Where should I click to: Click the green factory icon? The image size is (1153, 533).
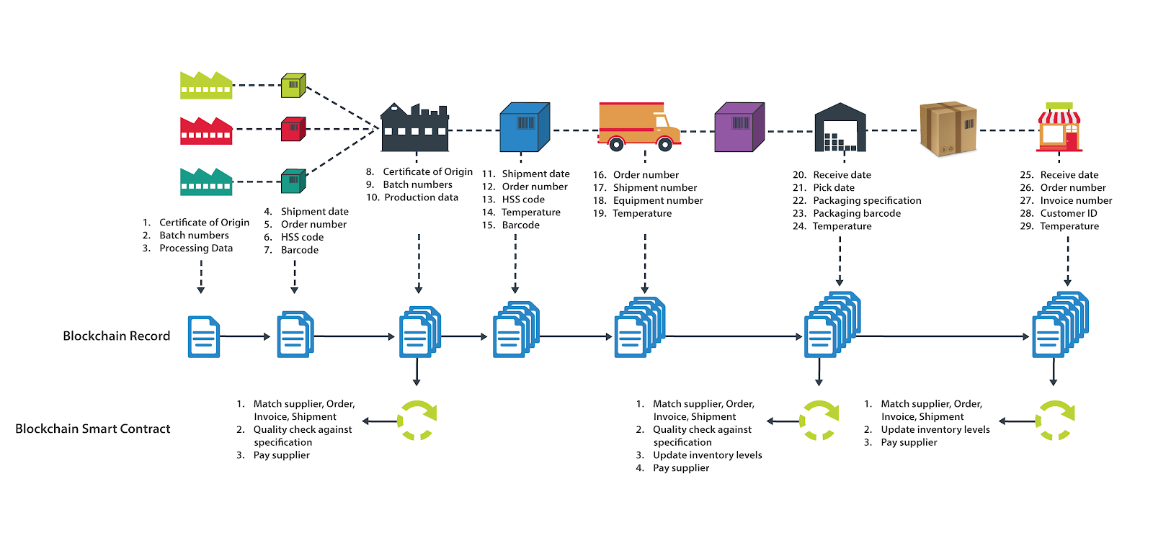pyautogui.click(x=206, y=86)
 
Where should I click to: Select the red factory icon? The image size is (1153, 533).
pyautogui.click(x=206, y=130)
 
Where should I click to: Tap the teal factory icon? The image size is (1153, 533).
pyautogui.click(x=206, y=182)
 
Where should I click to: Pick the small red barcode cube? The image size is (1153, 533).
pyautogui.click(x=293, y=129)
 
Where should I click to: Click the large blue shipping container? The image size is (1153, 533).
pyautogui.click(x=525, y=127)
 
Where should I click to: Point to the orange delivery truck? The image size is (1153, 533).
pyautogui.click(x=639, y=127)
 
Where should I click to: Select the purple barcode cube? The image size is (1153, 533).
pyautogui.click(x=739, y=127)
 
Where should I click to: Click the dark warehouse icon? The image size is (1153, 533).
pyautogui.click(x=840, y=127)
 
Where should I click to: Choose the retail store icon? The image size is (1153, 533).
pyautogui.click(x=1059, y=127)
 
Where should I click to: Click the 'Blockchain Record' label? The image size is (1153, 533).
pyautogui.click(x=116, y=336)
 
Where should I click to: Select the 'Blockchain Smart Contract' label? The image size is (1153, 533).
pyautogui.click(x=93, y=429)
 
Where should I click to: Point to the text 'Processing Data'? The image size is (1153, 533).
pyautogui.click(x=196, y=248)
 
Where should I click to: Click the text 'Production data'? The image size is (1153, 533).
pyautogui.click(x=421, y=197)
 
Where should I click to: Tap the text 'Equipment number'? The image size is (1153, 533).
pyautogui.click(x=658, y=201)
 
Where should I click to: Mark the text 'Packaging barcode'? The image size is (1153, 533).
pyautogui.click(x=857, y=213)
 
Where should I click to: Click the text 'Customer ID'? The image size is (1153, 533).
pyautogui.click(x=1069, y=213)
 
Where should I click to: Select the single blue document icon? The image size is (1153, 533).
pyautogui.click(x=204, y=336)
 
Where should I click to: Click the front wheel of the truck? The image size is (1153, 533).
pyautogui.click(x=664, y=144)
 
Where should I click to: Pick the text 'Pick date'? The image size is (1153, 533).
pyautogui.click(x=834, y=188)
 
